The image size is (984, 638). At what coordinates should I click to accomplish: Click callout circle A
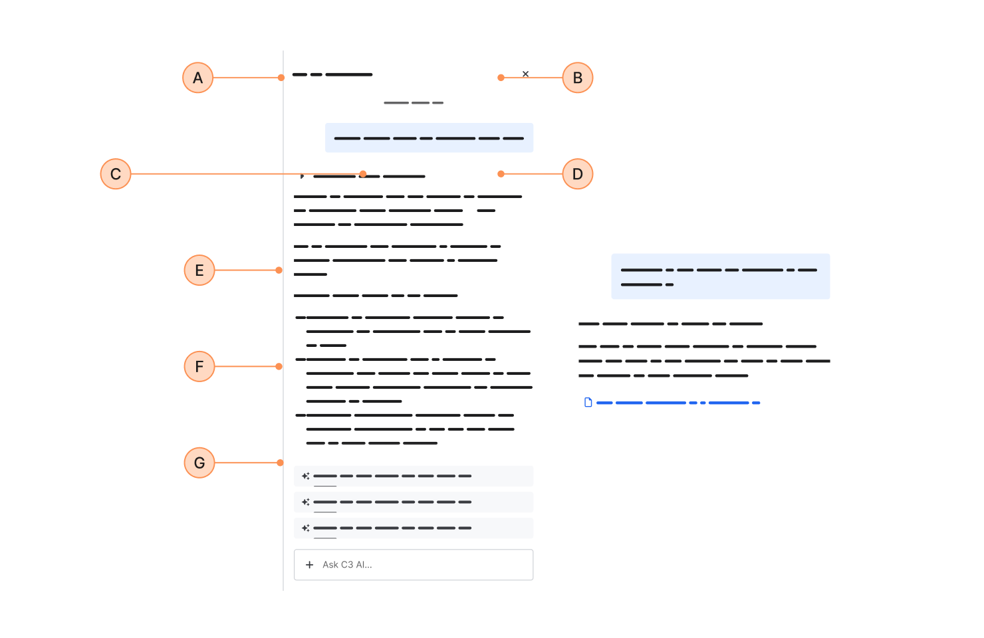[x=197, y=78]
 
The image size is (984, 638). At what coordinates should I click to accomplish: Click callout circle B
[x=577, y=78]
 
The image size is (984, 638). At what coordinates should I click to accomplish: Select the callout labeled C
[x=116, y=174]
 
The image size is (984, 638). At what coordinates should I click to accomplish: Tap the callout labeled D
[x=577, y=174]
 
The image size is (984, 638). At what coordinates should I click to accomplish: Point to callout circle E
[x=199, y=270]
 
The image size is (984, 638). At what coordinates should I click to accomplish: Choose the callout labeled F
[x=199, y=367]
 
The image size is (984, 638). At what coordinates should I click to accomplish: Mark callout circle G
[x=199, y=463]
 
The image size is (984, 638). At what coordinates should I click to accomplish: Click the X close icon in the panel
[x=525, y=74]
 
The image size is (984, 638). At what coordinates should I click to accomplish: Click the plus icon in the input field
[x=309, y=565]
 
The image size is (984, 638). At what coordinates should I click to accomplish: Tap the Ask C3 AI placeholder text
[x=347, y=565]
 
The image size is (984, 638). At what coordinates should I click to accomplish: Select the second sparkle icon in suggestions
[x=306, y=502]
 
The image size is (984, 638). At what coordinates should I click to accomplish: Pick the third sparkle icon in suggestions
[x=306, y=528]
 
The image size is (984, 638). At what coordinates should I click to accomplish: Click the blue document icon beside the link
[x=588, y=402]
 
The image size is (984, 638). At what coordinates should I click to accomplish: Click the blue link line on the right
[x=678, y=403]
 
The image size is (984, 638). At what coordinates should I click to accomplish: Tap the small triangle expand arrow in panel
[x=302, y=176]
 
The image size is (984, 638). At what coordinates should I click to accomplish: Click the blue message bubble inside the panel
[x=429, y=138]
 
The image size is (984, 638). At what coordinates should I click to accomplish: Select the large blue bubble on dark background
[x=720, y=276]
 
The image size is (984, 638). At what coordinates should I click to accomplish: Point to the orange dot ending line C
[x=363, y=174]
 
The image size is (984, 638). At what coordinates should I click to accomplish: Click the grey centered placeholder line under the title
[x=414, y=103]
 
